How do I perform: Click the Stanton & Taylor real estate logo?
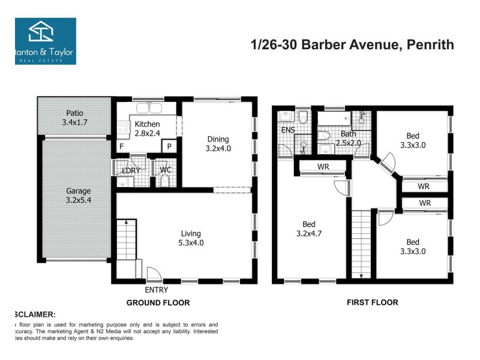(x=45, y=40)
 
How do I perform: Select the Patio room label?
(x=75, y=113)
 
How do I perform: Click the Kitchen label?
(x=147, y=124)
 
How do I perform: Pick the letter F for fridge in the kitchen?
(x=121, y=146)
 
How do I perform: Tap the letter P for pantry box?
(x=170, y=146)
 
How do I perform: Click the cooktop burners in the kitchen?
(x=124, y=127)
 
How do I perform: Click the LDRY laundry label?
(x=131, y=170)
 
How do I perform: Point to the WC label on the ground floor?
(x=166, y=170)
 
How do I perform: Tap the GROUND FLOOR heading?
(x=158, y=303)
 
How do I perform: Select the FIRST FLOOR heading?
(x=372, y=303)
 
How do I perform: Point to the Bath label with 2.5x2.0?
(x=349, y=139)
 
